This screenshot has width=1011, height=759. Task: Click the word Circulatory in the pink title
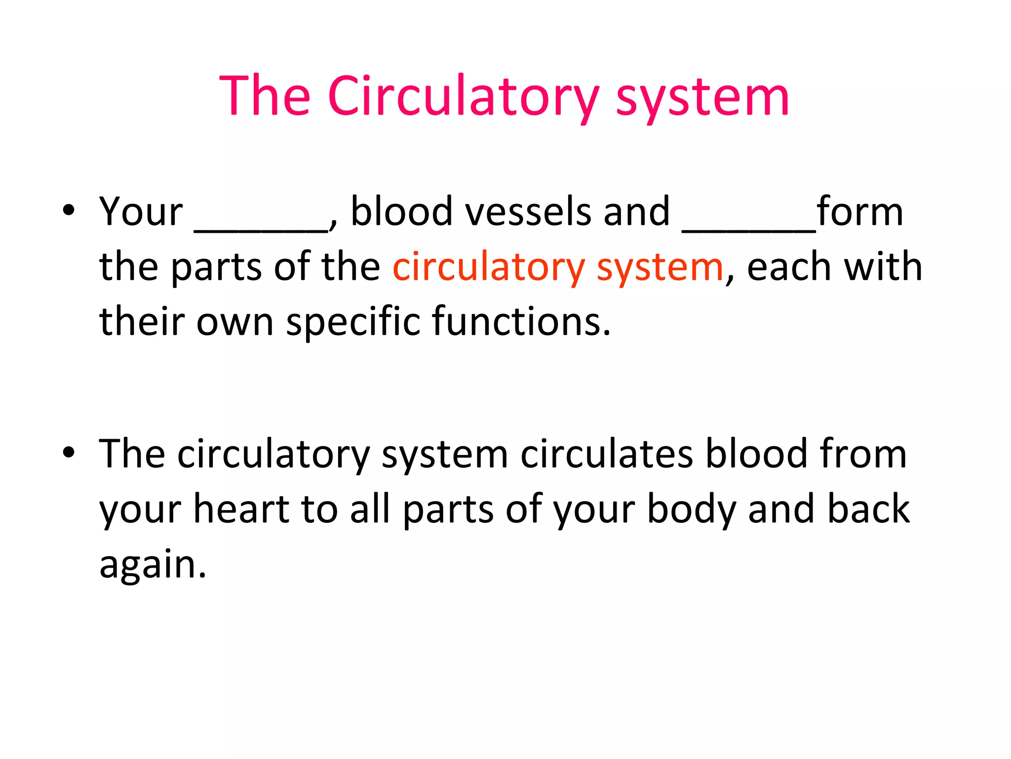click(463, 96)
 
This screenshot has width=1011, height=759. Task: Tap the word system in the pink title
click(702, 96)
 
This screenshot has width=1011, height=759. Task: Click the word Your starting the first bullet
click(141, 212)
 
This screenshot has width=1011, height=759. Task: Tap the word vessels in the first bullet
click(528, 212)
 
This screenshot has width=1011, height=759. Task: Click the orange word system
click(660, 267)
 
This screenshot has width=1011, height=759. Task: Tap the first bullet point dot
click(69, 210)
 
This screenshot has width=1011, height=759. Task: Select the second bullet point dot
click(69, 452)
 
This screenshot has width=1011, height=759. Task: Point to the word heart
click(242, 509)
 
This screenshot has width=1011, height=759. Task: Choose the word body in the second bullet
click(691, 510)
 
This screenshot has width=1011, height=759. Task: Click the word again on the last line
click(153, 564)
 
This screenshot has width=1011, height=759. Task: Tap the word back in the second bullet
click(868, 509)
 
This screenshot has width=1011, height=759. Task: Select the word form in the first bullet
click(859, 212)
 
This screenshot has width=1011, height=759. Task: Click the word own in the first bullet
click(235, 322)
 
